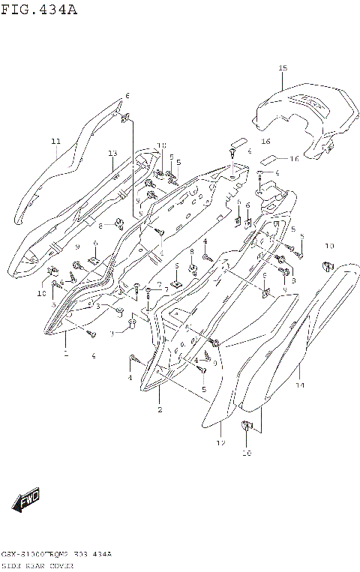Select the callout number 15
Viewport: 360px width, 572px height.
point(283,68)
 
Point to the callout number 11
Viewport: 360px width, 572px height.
point(55,141)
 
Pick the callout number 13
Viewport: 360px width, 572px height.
point(112,154)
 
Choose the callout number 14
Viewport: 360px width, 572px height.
point(300,385)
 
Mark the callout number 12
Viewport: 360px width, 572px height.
point(221,444)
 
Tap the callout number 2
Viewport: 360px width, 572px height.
point(160,409)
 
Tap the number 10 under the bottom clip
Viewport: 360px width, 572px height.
point(247,453)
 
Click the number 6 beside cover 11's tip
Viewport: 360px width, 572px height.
point(127,96)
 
